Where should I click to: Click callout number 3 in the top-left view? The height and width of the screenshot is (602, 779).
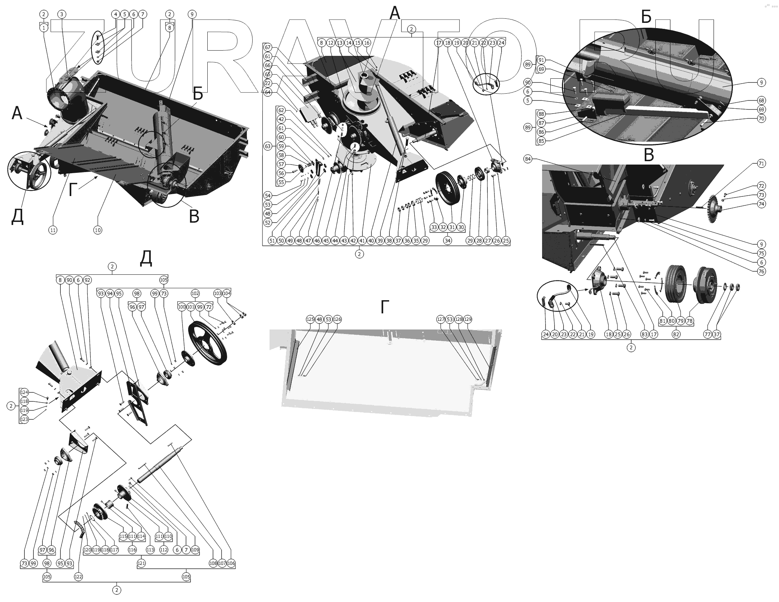(x=62, y=14)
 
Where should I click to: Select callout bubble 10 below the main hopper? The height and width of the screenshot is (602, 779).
(x=97, y=230)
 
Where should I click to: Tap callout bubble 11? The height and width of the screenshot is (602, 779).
(x=53, y=230)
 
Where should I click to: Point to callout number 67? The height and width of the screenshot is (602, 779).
(x=268, y=47)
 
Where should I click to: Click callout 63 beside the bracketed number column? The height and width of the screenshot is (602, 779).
(x=268, y=146)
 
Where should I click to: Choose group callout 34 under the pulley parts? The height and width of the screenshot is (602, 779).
(x=448, y=241)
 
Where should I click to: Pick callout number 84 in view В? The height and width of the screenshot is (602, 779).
(x=528, y=159)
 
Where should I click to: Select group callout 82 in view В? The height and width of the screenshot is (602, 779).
(x=676, y=334)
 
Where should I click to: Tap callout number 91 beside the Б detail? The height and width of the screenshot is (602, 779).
(x=541, y=60)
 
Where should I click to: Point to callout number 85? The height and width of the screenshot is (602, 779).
(x=541, y=141)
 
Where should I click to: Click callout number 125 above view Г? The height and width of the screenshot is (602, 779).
(x=310, y=319)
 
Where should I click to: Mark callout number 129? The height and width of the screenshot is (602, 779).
(x=467, y=319)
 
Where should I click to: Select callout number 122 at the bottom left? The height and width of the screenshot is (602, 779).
(x=78, y=577)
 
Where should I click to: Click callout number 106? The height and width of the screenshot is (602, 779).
(x=231, y=563)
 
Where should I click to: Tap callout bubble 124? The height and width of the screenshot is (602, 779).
(x=24, y=392)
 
